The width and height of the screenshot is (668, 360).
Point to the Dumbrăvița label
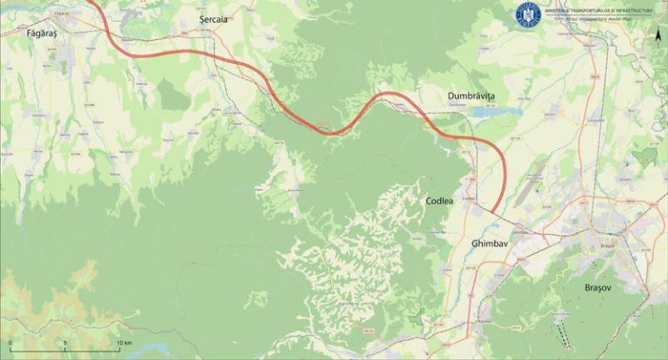(471, 95)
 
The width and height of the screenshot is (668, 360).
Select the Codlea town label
(439, 201)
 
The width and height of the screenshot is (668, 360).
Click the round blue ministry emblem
(528, 14)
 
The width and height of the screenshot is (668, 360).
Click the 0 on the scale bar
(10, 343)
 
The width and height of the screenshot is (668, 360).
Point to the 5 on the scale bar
(65, 343)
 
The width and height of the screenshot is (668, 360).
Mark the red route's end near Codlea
(493, 210)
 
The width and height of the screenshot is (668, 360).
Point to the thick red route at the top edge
(96, 4)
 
